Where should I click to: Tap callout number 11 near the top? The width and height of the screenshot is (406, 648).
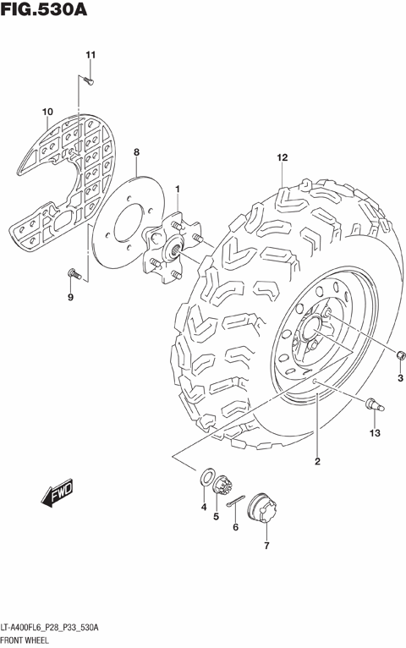(x=90, y=56)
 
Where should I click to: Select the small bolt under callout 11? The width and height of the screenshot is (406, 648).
(x=89, y=80)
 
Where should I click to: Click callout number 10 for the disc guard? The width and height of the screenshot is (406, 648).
(x=47, y=111)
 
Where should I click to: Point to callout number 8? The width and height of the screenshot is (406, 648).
(x=135, y=152)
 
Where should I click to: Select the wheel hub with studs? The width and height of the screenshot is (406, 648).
(x=173, y=245)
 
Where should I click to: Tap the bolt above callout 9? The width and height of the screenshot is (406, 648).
(x=73, y=272)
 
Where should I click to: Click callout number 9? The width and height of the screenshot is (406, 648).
(x=70, y=297)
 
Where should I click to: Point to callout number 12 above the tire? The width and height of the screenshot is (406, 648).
(x=282, y=158)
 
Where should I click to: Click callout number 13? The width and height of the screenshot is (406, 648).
(x=375, y=433)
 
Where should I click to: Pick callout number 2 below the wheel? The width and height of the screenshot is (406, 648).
(x=317, y=461)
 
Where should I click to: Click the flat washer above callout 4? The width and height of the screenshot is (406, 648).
(x=205, y=479)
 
